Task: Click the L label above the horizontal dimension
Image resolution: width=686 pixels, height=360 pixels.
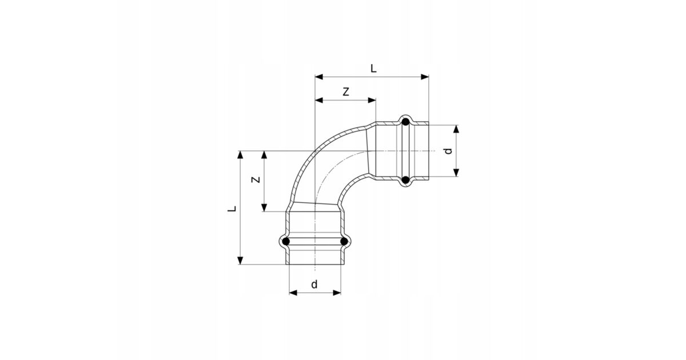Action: click(373, 69)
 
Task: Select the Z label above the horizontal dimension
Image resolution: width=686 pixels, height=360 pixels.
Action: click(345, 91)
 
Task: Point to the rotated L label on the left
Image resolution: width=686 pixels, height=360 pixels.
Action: click(232, 210)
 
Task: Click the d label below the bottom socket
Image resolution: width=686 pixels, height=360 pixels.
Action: click(314, 284)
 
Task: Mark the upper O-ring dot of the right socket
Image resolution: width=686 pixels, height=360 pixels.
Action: click(405, 122)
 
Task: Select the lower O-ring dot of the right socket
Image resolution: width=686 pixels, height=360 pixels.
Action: click(405, 181)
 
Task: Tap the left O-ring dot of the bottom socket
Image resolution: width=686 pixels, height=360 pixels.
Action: click(286, 242)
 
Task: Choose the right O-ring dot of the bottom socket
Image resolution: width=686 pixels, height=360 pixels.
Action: click(344, 242)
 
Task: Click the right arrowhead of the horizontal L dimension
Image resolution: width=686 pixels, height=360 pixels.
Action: click(425, 76)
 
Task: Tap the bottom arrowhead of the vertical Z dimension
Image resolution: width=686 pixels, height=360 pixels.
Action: click(264, 208)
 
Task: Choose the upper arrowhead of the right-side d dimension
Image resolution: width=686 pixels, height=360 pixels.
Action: click(456, 129)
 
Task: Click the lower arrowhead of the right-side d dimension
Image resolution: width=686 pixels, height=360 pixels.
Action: click(456, 173)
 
